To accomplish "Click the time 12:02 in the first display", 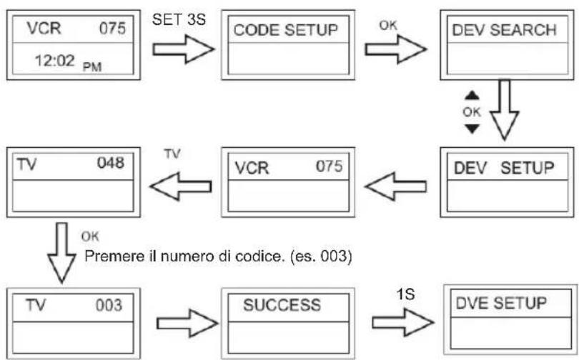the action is tap(54, 61).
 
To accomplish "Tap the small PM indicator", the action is tap(92, 67).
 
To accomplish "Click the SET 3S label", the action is tap(179, 19).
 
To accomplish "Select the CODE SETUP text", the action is tap(285, 30).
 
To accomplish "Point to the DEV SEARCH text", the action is tap(504, 30).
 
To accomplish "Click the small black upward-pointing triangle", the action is tap(472, 96).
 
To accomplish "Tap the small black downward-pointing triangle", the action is tap(472, 129).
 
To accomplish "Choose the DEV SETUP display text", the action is tap(504, 168).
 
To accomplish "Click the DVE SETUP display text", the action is tap(501, 303).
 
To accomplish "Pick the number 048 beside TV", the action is tap(110, 163).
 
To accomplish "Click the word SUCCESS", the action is tap(282, 305).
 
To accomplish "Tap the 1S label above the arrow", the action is tap(405, 294).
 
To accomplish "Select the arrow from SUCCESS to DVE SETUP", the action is tap(403, 322).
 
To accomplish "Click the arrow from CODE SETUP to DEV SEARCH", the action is tap(396, 49).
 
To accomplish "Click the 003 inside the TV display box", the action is tap(109, 306).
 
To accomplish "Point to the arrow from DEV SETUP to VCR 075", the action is tap(395, 186).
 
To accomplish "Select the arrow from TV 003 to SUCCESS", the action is tap(187, 324).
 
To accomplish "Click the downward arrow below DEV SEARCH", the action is tap(505, 109).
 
